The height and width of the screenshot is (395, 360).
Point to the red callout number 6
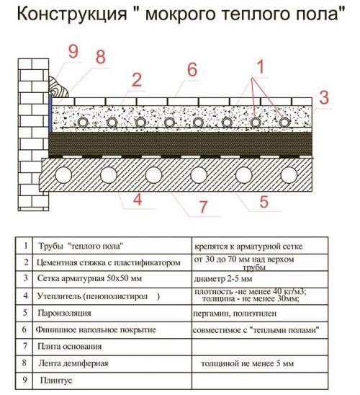(191, 70)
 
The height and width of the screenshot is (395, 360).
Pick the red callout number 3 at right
(325, 96)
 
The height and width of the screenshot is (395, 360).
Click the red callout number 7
(204, 207)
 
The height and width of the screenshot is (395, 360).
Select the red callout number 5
(264, 201)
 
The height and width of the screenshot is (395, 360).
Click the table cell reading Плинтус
(54, 379)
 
